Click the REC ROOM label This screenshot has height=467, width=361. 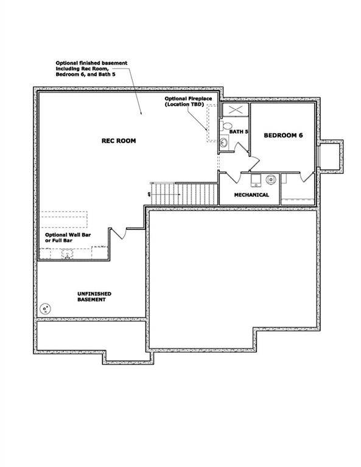[119, 140]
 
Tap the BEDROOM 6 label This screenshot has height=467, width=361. [283, 135]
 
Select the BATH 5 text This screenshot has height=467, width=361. [239, 132]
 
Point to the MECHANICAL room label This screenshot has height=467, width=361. [252, 195]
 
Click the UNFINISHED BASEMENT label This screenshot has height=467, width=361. [94, 297]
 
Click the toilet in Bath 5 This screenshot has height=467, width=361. [228, 127]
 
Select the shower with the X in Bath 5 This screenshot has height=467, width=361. [234, 111]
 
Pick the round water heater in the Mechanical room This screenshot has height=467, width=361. [270, 179]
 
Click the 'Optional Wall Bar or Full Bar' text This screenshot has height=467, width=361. [68, 237]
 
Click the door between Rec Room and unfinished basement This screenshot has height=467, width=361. [118, 235]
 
